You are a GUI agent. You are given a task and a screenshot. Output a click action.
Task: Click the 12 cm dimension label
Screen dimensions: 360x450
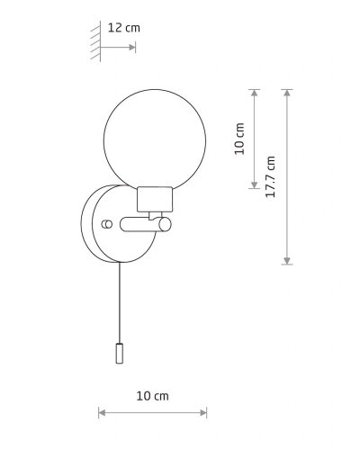[x=123, y=28]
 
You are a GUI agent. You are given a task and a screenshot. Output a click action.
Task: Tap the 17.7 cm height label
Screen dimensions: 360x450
[x=270, y=176]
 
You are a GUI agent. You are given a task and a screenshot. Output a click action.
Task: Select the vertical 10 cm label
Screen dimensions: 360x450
[x=239, y=139]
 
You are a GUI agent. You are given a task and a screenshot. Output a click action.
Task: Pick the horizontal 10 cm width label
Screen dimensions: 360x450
[x=152, y=396]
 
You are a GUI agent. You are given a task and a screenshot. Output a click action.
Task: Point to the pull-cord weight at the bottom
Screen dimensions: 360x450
[x=120, y=354]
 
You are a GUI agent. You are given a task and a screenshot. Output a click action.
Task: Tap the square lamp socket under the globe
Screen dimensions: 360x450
[x=155, y=199]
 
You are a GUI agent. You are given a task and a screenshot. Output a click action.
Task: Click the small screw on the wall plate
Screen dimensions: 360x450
[x=107, y=224]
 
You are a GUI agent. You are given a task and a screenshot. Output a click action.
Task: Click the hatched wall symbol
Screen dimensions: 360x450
[x=95, y=41]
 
